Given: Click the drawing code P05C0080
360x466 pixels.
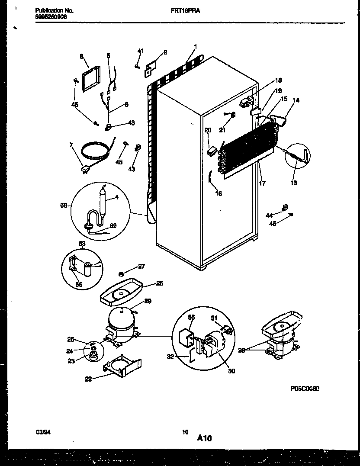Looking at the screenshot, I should tap(305, 389).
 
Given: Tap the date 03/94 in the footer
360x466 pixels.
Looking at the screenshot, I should tap(42, 432).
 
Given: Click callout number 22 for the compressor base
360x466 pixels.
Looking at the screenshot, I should tap(88, 379).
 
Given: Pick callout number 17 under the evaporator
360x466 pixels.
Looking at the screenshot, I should tap(262, 183).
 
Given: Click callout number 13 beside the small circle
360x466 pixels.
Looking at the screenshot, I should tap(295, 183).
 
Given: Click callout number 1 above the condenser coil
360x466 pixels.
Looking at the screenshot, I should tap(196, 47).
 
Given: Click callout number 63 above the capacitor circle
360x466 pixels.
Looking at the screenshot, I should tap(81, 244).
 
